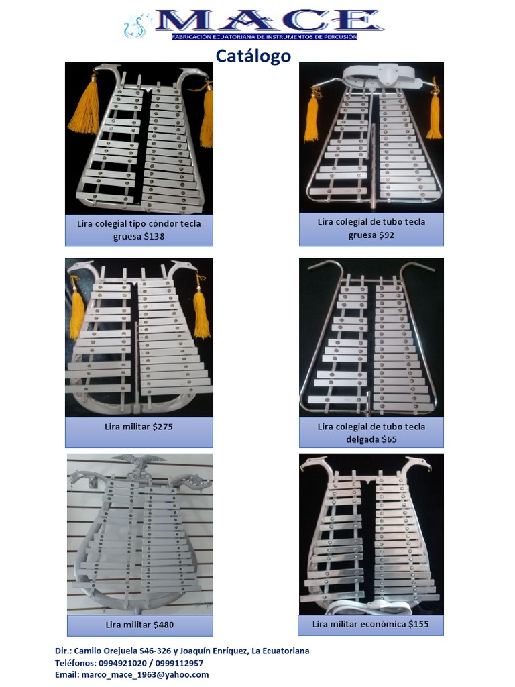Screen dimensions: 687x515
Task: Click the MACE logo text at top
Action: click(268, 20)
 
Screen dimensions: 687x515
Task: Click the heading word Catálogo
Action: click(253, 56)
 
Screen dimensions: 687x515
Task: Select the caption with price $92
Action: click(371, 228)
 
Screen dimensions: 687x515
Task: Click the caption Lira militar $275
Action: click(139, 426)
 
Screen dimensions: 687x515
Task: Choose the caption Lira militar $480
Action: click(139, 625)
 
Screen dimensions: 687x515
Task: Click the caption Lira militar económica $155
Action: click(371, 624)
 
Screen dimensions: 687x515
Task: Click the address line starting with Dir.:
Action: click(182, 651)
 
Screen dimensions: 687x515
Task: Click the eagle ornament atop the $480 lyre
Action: click(138, 461)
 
